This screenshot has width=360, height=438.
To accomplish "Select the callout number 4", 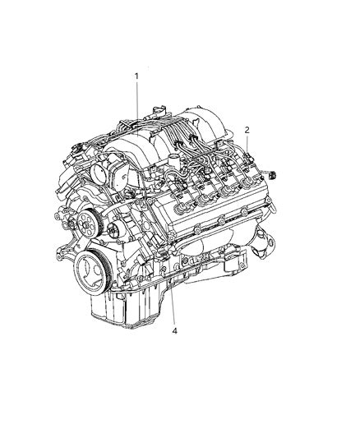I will click(x=174, y=331).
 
